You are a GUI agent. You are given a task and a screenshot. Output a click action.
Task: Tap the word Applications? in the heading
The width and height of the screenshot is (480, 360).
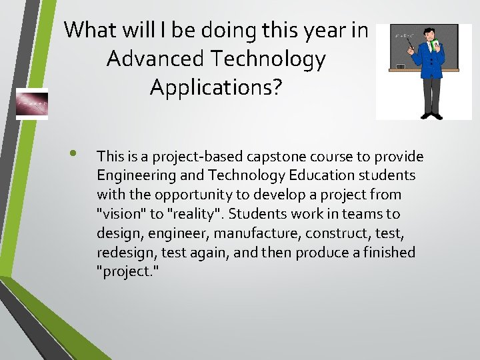pyautogui.click(x=216, y=87)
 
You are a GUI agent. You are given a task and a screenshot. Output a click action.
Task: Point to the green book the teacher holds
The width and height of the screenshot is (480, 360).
pyautogui.click(x=435, y=47)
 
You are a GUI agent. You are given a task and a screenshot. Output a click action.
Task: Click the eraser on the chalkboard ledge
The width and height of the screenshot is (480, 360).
pyautogui.click(x=400, y=66)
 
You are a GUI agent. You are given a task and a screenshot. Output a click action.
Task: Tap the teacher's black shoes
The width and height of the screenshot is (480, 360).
pyautogui.click(x=432, y=115)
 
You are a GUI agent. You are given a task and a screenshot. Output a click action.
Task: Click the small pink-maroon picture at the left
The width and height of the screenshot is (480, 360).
pyautogui.click(x=32, y=104)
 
